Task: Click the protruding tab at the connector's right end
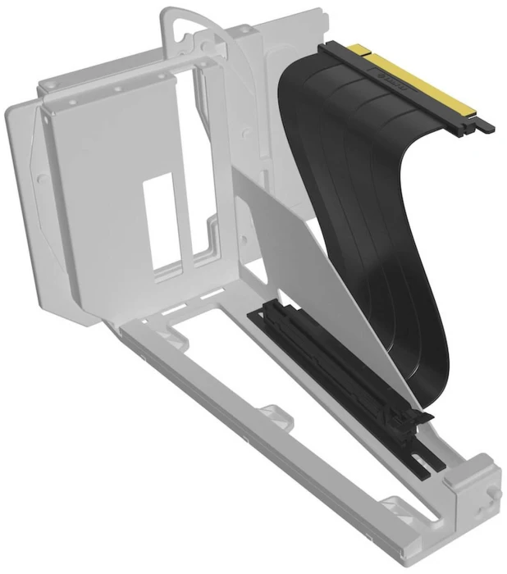click(x=486, y=126)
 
